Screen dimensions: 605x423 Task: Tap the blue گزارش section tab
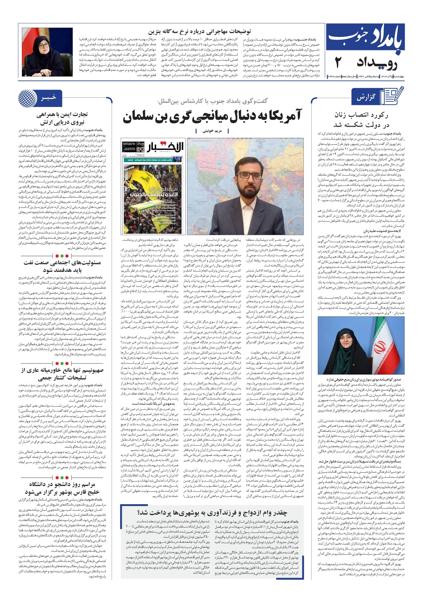366,98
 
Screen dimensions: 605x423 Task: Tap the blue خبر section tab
49,98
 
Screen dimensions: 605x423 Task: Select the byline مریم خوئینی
212,131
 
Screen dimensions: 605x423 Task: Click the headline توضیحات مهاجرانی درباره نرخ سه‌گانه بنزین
199,32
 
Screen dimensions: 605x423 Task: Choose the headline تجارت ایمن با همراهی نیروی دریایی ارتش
62,119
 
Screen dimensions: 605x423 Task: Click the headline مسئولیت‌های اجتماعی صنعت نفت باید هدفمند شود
62,266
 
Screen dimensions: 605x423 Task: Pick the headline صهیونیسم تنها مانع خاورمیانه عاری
62,374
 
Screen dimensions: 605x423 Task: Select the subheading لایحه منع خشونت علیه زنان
382,231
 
